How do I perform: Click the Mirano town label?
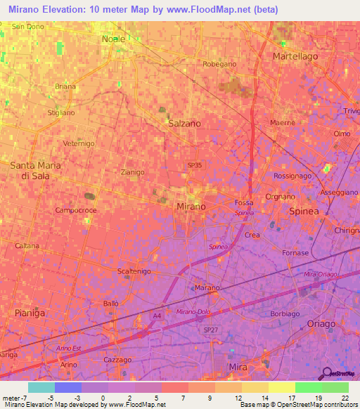191,207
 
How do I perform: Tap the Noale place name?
113,39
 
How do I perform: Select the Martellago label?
295,56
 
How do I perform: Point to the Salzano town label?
185,123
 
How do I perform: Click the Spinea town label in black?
305,211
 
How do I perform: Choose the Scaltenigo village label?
135,271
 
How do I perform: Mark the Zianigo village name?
132,171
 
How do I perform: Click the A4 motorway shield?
155,317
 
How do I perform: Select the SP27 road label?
211,329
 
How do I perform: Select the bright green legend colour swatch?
308,387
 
